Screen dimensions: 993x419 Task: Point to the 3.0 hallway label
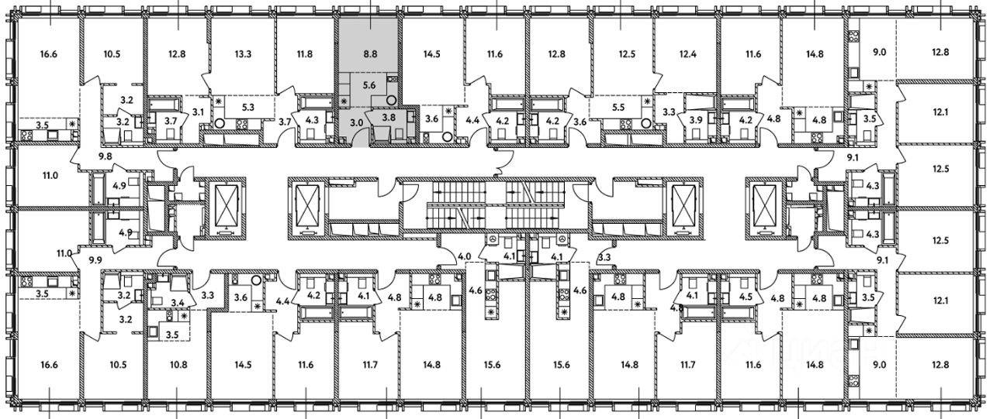point(357,122)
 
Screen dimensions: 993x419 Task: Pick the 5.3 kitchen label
point(249,108)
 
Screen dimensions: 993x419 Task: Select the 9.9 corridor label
point(96,260)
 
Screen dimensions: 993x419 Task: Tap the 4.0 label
point(465,256)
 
